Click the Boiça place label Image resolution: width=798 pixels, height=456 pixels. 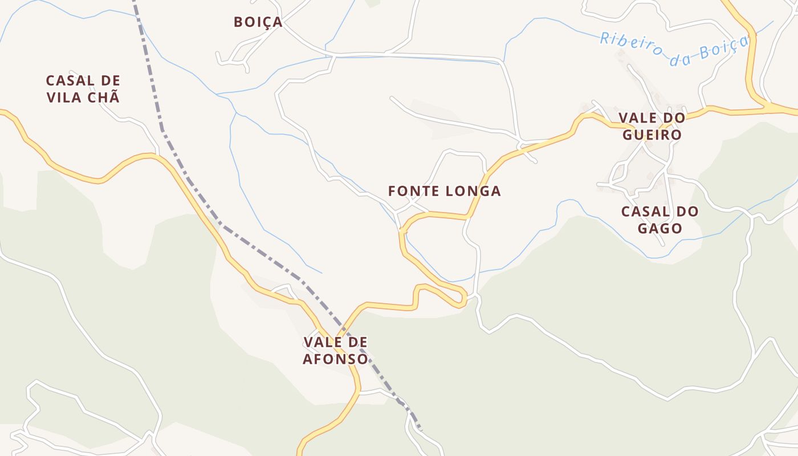(258, 22)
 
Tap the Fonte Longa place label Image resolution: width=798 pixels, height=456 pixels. (444, 192)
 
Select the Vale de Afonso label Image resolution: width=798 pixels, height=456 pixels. (335, 351)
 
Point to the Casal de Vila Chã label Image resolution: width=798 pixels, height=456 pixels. (83, 89)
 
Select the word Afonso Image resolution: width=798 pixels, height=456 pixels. (335, 360)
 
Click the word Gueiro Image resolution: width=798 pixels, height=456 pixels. (652, 135)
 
